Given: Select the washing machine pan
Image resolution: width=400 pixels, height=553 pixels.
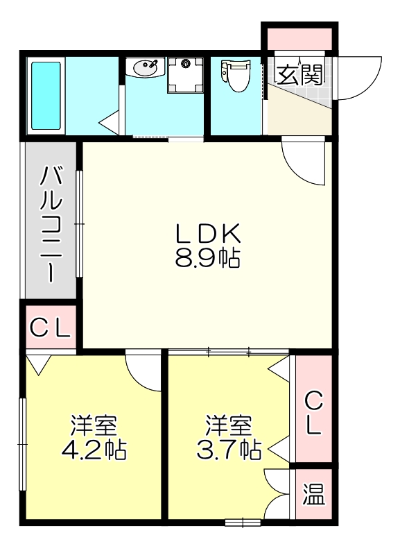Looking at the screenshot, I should (185, 76).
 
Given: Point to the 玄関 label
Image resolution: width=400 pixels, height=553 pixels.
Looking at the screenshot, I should (300, 73).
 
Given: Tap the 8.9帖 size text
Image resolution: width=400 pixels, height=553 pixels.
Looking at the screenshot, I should (206, 258).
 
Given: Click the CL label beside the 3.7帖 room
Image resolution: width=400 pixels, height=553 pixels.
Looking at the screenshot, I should (313, 412).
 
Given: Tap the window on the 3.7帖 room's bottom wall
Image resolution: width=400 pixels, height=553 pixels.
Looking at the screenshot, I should (243, 521).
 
